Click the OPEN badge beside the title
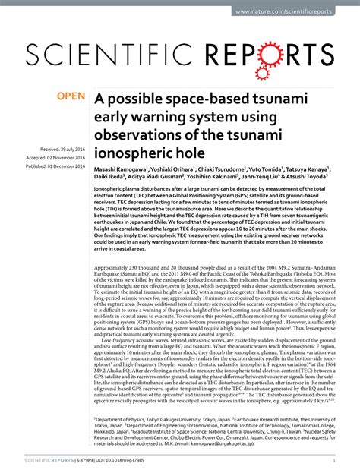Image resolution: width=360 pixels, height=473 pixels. click(71, 98)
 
